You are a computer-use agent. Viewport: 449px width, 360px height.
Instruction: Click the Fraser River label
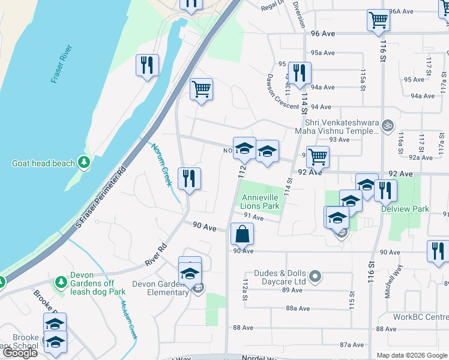(61, 64)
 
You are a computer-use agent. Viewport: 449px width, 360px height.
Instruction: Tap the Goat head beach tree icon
(85, 163)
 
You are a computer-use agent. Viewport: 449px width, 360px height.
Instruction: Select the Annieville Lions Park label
(261, 202)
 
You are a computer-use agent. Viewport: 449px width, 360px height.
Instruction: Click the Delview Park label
(414, 209)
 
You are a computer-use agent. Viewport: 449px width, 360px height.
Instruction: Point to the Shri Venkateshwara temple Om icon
(387, 125)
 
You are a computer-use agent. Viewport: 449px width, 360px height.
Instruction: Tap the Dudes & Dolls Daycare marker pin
(318, 277)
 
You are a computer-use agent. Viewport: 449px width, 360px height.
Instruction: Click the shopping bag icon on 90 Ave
(241, 233)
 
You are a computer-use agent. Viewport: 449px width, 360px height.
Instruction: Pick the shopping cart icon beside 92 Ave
(318, 156)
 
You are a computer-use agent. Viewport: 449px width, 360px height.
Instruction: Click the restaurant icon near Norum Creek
(190, 178)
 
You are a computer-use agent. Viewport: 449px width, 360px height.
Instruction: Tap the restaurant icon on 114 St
(299, 73)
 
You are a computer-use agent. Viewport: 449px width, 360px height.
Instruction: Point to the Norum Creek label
(161, 164)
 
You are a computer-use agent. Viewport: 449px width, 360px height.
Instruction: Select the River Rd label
(155, 255)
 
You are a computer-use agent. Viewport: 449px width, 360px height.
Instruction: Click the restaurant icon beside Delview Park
(385, 190)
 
